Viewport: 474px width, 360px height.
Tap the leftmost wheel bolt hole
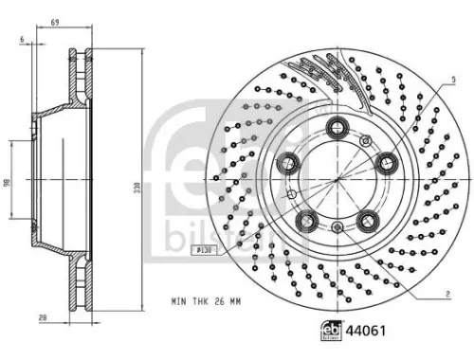point(285,162)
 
